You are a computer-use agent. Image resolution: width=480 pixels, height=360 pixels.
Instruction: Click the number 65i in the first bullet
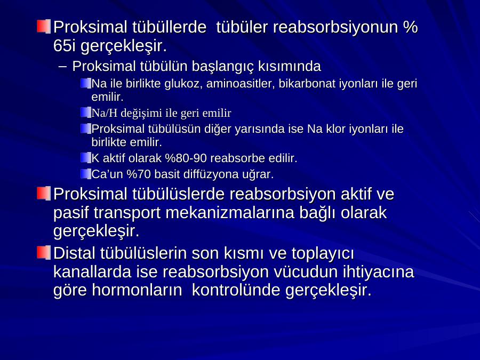coord(65,46)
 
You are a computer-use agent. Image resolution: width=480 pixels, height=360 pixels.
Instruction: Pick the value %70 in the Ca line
coord(139,174)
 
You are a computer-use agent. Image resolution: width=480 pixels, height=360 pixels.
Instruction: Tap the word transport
coord(127,213)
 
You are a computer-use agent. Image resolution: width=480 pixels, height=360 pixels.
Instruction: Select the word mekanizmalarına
coord(230,212)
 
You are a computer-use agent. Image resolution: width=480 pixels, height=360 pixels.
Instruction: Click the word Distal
coord(74,253)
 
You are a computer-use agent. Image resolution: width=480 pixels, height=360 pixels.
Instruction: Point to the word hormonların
coord(137,290)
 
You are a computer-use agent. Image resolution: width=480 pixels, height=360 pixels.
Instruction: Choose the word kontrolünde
coord(236,290)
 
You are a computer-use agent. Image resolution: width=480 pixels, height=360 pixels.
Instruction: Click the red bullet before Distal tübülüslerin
coord(44,253)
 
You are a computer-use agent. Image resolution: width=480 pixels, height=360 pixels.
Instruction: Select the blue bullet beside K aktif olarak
coord(86,158)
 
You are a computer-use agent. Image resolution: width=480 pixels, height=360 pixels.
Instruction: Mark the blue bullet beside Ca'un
coord(86,174)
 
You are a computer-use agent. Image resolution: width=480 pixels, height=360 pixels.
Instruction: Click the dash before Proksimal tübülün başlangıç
coord(62,67)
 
